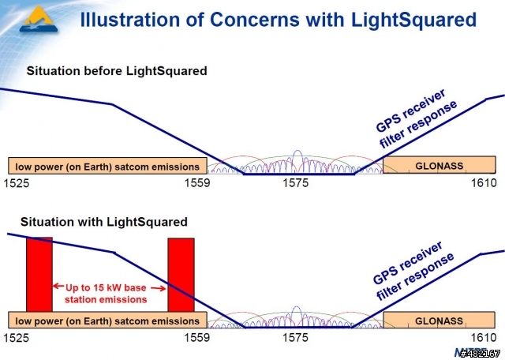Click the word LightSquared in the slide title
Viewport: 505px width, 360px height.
(x=413, y=19)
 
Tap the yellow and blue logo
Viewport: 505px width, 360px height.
(x=39, y=19)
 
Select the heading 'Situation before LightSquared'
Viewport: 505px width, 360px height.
(x=117, y=70)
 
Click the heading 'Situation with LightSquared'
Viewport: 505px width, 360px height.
(x=103, y=222)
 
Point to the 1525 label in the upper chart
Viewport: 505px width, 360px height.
(x=16, y=183)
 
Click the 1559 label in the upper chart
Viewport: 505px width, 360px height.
(x=196, y=182)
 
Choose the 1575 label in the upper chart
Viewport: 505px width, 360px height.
(x=295, y=182)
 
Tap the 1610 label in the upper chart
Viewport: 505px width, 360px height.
(x=484, y=182)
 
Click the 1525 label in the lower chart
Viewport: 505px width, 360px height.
(x=16, y=337)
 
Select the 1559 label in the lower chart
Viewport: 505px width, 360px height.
(x=196, y=337)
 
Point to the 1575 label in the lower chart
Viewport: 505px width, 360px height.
(x=295, y=337)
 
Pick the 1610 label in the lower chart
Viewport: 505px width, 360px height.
(x=484, y=337)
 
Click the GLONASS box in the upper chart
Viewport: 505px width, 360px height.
(x=440, y=165)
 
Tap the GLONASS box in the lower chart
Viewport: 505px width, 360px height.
(x=439, y=320)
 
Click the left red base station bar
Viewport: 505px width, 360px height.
(x=39, y=275)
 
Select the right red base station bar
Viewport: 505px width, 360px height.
(x=181, y=275)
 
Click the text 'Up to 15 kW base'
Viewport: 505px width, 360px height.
(x=106, y=287)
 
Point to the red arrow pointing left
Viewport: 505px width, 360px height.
(x=58, y=286)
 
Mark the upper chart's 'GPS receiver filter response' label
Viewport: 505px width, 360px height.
(x=416, y=118)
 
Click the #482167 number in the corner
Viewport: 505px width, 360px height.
(x=480, y=354)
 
